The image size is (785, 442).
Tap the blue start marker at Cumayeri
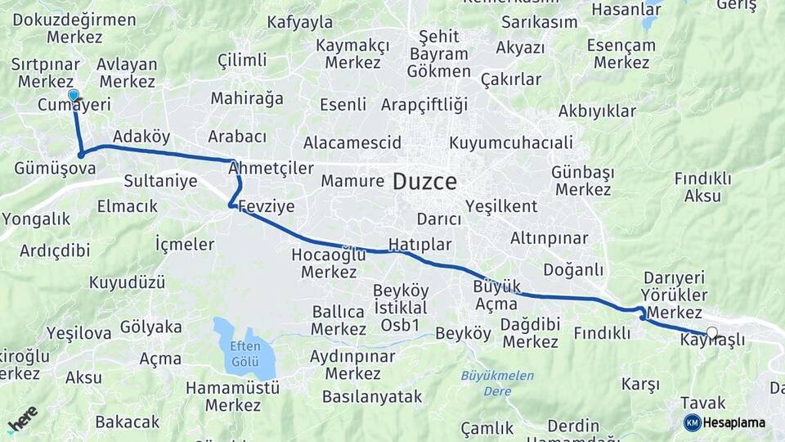(x=74, y=96)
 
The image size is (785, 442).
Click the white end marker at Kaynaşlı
(x=711, y=333)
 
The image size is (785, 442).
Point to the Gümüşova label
(x=55, y=168)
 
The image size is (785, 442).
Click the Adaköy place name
(x=141, y=136)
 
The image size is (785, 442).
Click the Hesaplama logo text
(x=734, y=422)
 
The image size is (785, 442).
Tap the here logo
(x=22, y=420)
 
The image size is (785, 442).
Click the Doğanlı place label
(x=572, y=269)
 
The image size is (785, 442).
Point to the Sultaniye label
(x=160, y=181)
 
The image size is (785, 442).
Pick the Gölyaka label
(x=151, y=327)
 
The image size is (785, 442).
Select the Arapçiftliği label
(x=424, y=104)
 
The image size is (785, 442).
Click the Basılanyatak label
(x=372, y=397)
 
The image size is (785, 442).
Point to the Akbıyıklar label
(x=597, y=110)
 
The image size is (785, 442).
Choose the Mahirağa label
(x=247, y=98)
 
